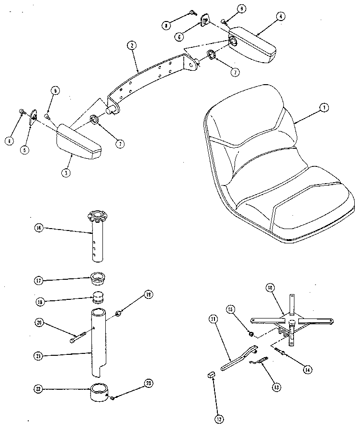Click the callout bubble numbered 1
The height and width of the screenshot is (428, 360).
click(x=324, y=109)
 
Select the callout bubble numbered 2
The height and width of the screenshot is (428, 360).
click(x=131, y=45)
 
